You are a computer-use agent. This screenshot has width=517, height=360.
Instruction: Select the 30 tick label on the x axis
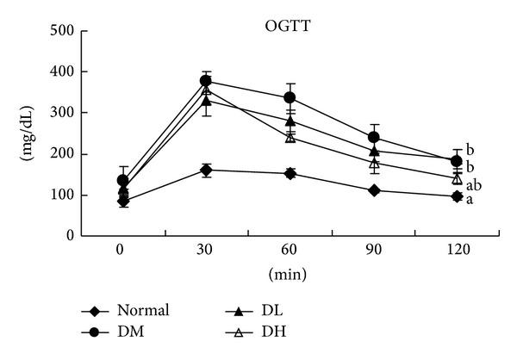pyautogui.click(x=206, y=250)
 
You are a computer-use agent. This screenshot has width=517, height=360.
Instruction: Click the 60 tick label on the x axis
pyautogui.click(x=290, y=250)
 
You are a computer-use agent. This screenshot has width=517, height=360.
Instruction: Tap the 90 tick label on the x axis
pyautogui.click(x=374, y=250)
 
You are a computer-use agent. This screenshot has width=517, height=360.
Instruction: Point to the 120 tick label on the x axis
pyautogui.click(x=458, y=250)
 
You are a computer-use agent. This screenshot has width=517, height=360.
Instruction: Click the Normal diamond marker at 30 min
pyautogui.click(x=206, y=170)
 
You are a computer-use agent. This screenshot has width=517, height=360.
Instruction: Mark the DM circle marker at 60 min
pyautogui.click(x=290, y=97)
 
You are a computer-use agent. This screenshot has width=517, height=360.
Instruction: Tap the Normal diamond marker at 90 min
pyautogui.click(x=374, y=190)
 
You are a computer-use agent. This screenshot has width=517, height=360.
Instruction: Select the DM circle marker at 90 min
pyautogui.click(x=374, y=137)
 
